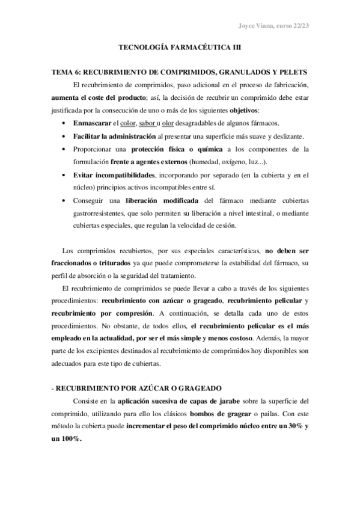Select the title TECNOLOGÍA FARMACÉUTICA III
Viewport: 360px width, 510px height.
(x=180, y=47)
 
